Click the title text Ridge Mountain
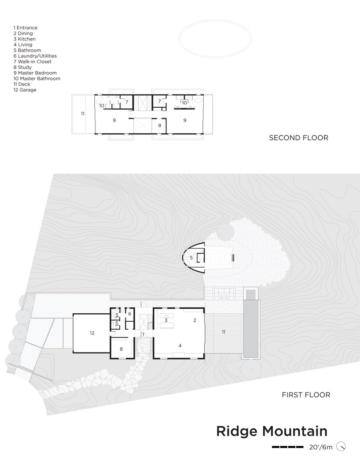(x=272, y=431)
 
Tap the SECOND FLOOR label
(x=298, y=138)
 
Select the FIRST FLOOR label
(x=306, y=395)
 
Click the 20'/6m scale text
(x=320, y=447)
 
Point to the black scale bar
(x=288, y=447)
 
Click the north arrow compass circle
(x=341, y=447)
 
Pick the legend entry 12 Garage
(x=25, y=90)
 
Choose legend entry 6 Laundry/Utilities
(x=35, y=56)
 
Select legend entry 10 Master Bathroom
(x=37, y=78)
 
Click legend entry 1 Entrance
(x=26, y=28)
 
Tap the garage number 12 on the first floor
(x=92, y=333)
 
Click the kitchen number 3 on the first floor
(x=166, y=320)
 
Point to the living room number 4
(x=180, y=345)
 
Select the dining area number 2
(x=195, y=320)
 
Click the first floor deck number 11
(x=224, y=332)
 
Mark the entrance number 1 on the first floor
(x=143, y=334)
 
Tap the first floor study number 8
(x=121, y=349)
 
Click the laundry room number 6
(x=130, y=314)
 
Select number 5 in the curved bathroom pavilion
(x=191, y=258)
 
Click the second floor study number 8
(x=160, y=126)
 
